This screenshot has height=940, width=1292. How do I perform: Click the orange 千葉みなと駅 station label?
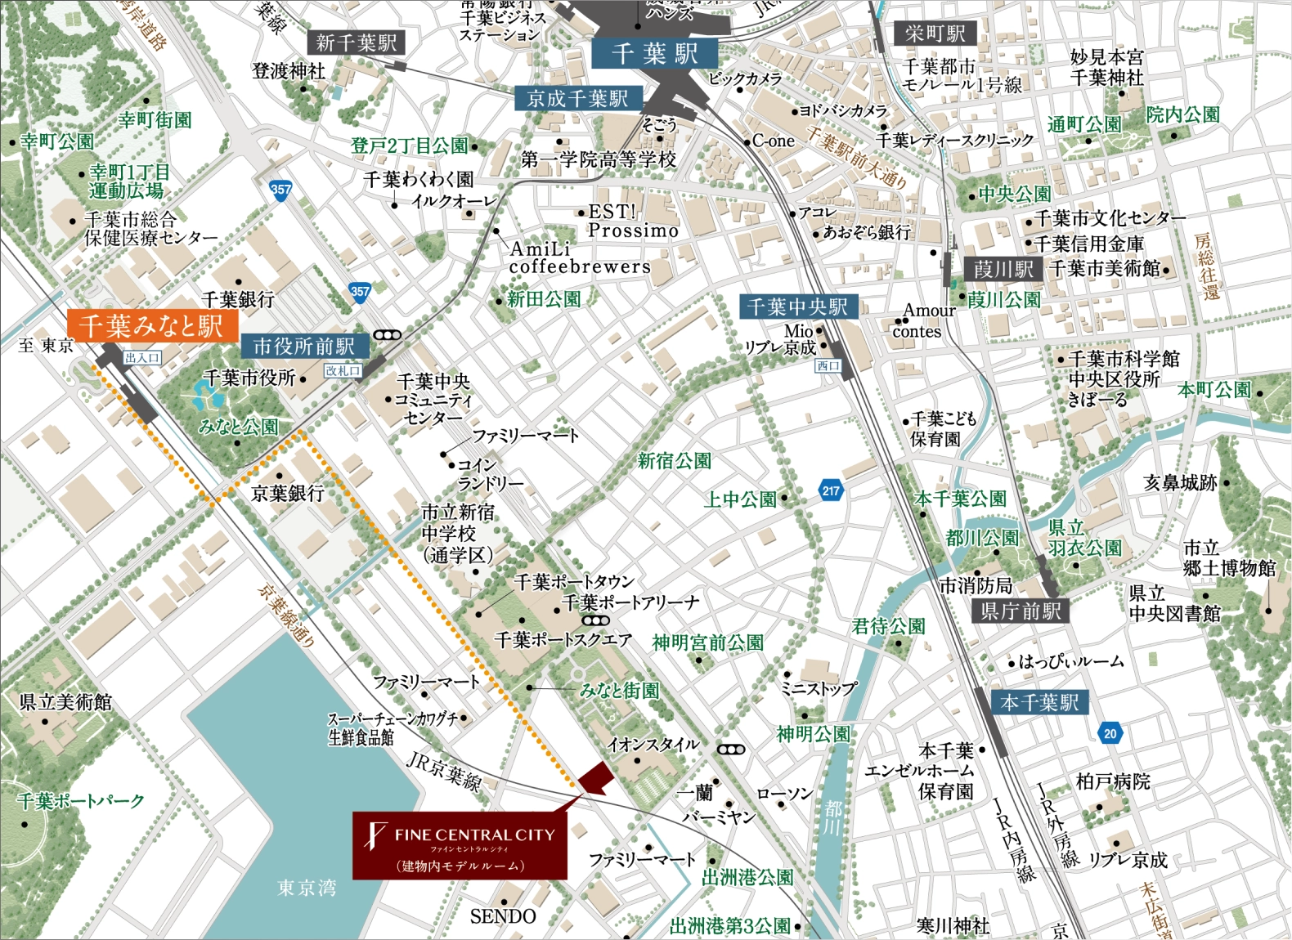pos(151,325)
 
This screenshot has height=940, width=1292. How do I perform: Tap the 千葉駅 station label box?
pos(654,54)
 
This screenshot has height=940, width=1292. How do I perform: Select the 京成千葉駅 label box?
pos(578,99)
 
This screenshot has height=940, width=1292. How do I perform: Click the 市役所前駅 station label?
pos(303,346)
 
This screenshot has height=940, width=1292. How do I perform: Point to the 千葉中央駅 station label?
pos(797,307)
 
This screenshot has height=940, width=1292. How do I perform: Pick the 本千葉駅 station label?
pos(1039,702)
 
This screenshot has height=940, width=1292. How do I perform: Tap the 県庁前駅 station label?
pos(1020,611)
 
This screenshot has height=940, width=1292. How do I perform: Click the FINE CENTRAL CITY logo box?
pos(460,845)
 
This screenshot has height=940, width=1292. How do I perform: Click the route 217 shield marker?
pos(831,490)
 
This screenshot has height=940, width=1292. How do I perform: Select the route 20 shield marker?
pos(1110,733)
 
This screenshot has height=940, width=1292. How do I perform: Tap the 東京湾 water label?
pos(307,887)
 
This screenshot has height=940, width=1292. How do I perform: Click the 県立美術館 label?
pos(65,701)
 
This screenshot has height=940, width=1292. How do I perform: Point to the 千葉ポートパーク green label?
pos(81,801)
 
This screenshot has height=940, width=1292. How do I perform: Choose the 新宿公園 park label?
pos(674,461)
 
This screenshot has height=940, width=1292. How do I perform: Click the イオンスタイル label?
pos(653,744)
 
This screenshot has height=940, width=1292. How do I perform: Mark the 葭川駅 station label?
pos(1003,269)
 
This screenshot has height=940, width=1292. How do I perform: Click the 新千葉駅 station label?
pos(356,43)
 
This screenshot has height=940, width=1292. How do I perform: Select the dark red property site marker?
pos(594,777)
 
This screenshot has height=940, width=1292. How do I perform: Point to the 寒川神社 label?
pos(953,925)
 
